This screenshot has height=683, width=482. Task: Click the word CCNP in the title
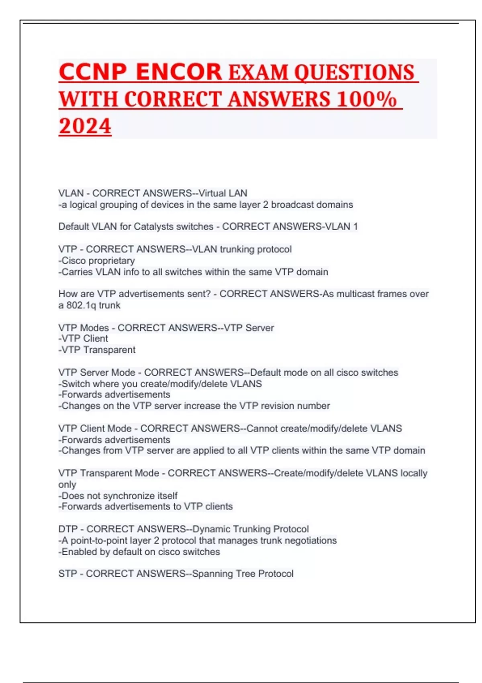92,72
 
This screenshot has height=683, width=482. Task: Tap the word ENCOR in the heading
179,72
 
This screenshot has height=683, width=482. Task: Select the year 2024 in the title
85,126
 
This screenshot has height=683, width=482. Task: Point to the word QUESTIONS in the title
354,73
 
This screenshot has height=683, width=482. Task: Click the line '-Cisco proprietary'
96,261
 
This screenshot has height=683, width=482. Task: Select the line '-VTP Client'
83,339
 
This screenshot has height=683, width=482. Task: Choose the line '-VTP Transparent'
97,350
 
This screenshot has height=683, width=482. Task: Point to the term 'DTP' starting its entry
68,529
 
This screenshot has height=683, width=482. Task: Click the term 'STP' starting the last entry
67,574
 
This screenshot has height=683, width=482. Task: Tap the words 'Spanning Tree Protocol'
243,574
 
